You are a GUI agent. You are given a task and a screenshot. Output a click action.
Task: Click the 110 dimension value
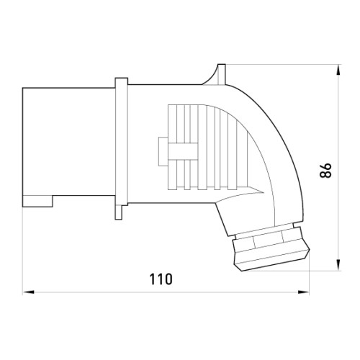(161, 279)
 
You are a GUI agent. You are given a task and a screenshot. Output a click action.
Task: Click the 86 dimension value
(325, 171)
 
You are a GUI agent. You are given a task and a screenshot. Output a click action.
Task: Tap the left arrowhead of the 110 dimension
(28, 292)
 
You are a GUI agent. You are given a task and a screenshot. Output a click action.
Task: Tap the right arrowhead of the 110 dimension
(303, 292)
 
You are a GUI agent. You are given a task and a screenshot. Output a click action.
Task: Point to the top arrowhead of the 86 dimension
(338, 70)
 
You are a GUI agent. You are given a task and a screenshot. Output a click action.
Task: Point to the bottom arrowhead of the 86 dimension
(338, 265)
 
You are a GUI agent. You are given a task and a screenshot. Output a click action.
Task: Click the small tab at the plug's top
(222, 74)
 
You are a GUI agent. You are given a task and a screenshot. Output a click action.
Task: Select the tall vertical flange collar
(122, 142)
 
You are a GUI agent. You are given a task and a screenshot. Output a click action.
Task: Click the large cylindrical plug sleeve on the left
(69, 147)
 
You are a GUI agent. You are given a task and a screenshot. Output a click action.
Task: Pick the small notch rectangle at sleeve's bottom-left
(37, 201)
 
